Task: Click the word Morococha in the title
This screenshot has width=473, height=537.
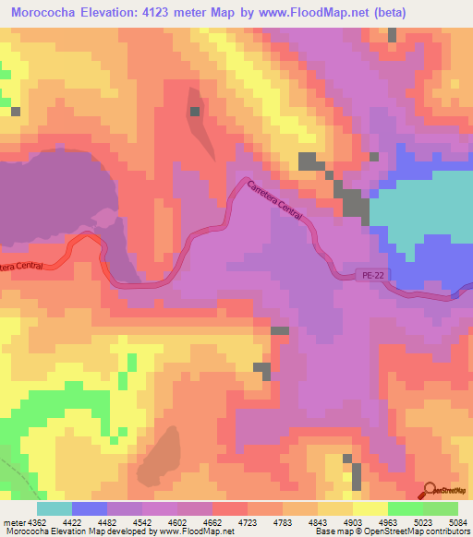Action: pos(47,13)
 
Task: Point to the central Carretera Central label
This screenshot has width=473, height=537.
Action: pos(274,199)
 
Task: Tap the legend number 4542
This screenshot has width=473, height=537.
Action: pos(143,521)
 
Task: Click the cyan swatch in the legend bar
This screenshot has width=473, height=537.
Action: pos(54,508)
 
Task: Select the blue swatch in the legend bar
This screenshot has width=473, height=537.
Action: pos(89,508)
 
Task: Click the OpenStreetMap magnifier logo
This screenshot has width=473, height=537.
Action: pos(431,491)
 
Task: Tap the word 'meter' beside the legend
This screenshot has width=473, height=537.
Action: pos(12,521)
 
